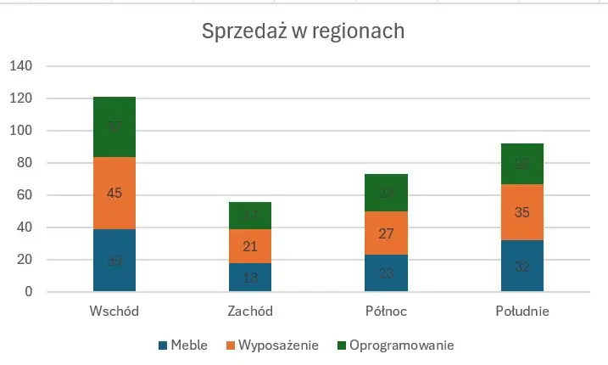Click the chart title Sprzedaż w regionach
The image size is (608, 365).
tap(303, 31)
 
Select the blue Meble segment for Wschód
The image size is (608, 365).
tap(114, 261)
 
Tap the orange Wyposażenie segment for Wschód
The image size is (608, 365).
tap(114, 193)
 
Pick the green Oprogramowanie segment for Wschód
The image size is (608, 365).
tap(114, 127)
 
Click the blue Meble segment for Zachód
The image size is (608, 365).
tap(250, 278)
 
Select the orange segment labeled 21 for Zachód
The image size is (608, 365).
tap(250, 246)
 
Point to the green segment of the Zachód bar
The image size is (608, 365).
tap(250, 216)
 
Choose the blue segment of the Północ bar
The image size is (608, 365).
tap(386, 273)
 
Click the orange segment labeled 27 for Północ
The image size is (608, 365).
tap(386, 233)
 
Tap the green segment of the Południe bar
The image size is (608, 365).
tap(522, 164)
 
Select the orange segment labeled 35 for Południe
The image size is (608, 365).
tap(522, 212)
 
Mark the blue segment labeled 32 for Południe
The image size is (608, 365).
tap(522, 266)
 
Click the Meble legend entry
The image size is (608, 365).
tap(183, 345)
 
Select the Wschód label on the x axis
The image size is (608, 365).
tap(114, 312)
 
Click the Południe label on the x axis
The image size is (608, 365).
tap(522, 312)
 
